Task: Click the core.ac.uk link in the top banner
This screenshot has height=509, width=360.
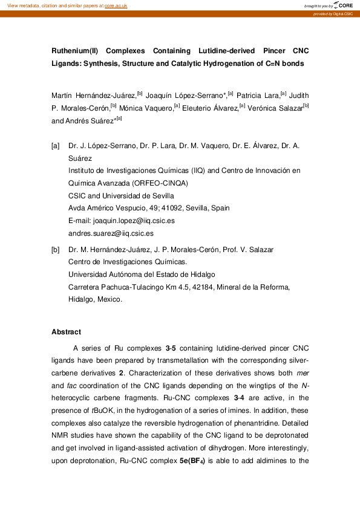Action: (x=116, y=5)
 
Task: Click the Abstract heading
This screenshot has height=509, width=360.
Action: (x=66, y=332)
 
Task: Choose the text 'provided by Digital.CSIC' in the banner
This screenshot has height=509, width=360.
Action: (x=333, y=14)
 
